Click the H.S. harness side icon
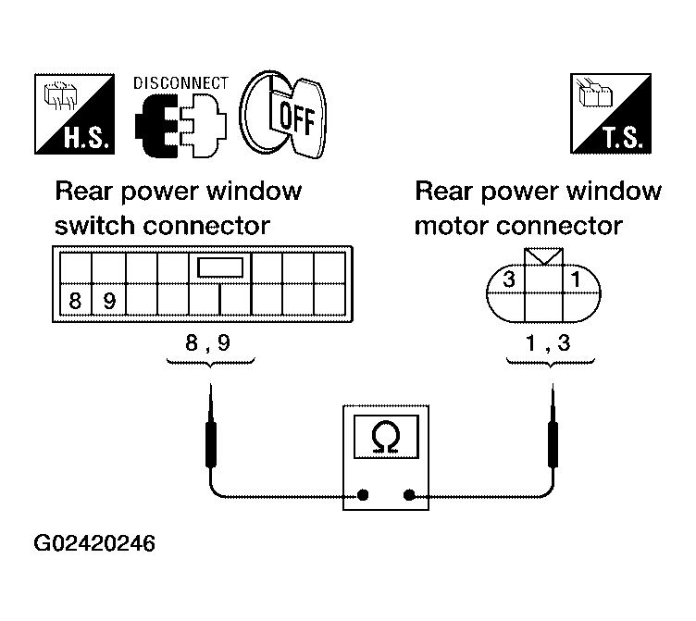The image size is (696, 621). [75, 114]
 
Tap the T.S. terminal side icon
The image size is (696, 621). [611, 114]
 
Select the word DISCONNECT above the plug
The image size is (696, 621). [180, 83]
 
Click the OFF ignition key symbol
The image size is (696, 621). [283, 115]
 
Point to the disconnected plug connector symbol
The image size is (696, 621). [180, 126]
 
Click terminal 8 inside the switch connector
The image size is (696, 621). [76, 301]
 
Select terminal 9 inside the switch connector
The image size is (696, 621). [109, 301]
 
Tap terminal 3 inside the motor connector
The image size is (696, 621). [509, 279]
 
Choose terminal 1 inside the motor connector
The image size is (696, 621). [576, 279]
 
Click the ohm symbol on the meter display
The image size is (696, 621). [386, 437]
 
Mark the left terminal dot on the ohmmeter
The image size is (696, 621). [363, 494]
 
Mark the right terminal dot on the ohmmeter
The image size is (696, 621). [409, 494]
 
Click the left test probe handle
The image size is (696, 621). [211, 444]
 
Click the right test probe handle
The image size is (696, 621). [553, 444]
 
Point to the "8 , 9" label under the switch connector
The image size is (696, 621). [207, 342]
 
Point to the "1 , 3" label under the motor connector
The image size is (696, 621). [548, 342]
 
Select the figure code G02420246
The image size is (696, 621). [94, 543]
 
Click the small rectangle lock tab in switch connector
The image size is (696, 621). [220, 267]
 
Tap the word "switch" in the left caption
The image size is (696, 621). [94, 226]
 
